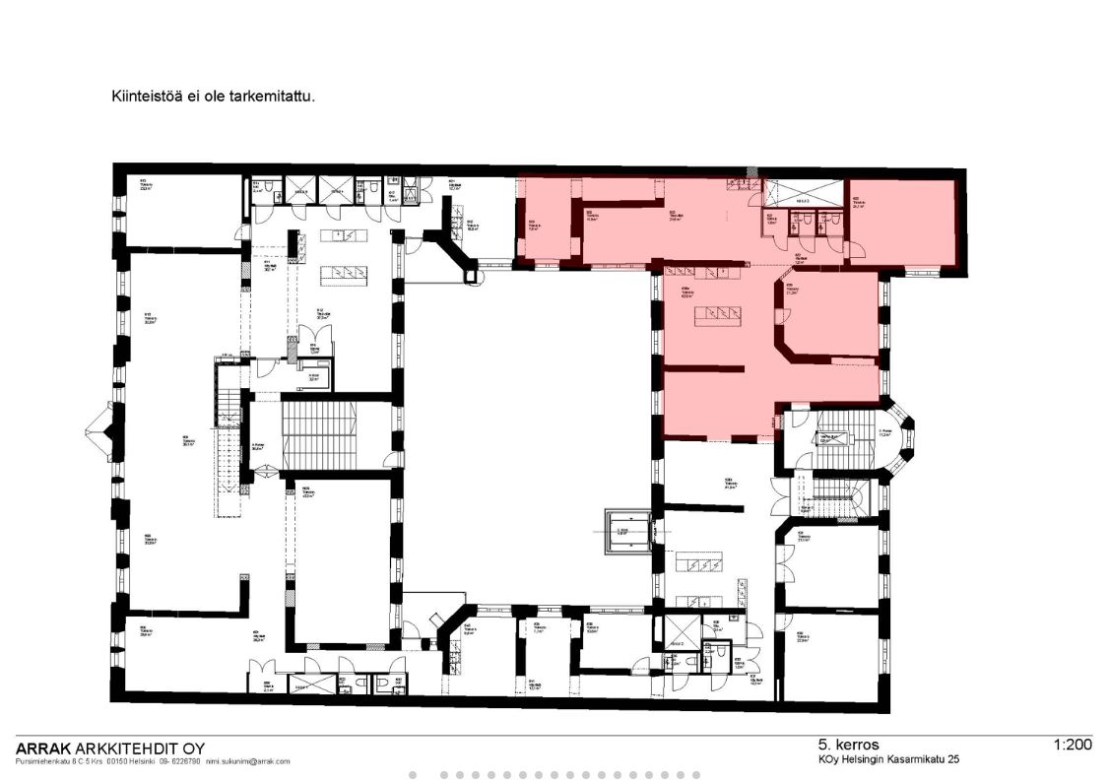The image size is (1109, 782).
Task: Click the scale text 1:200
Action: (x=1072, y=745)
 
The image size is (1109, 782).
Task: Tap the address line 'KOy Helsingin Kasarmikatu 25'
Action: (x=887, y=760)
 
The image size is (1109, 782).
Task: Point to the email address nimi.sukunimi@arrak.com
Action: (x=247, y=761)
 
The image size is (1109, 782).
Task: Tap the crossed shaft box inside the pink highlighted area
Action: (x=804, y=191)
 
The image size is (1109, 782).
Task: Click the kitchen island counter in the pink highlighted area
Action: (x=716, y=315)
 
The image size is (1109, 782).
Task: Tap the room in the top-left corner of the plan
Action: (x=177, y=210)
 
